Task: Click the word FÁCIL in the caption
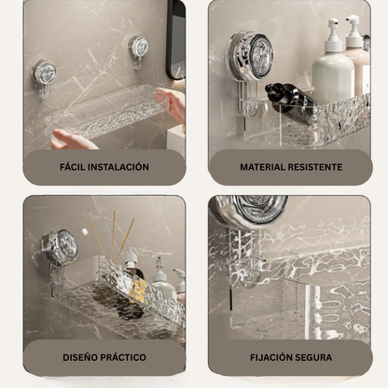tap(74, 167)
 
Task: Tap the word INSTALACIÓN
tap(119, 167)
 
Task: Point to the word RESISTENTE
tap(316, 168)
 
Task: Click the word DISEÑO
tap(80, 357)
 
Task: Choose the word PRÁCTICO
tap(124, 357)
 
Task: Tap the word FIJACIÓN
tap(271, 357)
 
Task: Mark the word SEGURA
tap(315, 357)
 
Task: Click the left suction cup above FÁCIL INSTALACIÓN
tap(45, 73)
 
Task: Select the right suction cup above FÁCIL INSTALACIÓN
tap(139, 46)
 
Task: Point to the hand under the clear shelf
tap(72, 140)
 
